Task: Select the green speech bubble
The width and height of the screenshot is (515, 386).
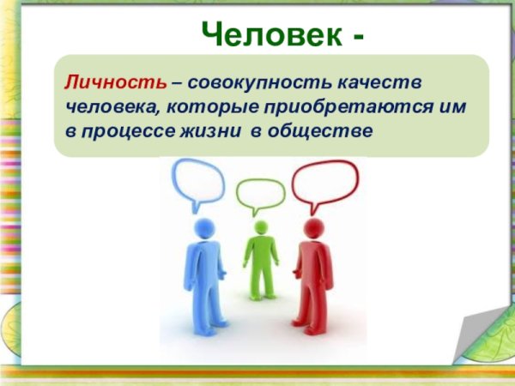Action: (x=260, y=196)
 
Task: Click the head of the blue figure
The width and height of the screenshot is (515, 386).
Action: (x=203, y=228)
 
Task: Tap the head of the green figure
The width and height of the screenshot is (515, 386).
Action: (x=260, y=227)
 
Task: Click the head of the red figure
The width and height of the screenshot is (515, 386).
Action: (x=314, y=229)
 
